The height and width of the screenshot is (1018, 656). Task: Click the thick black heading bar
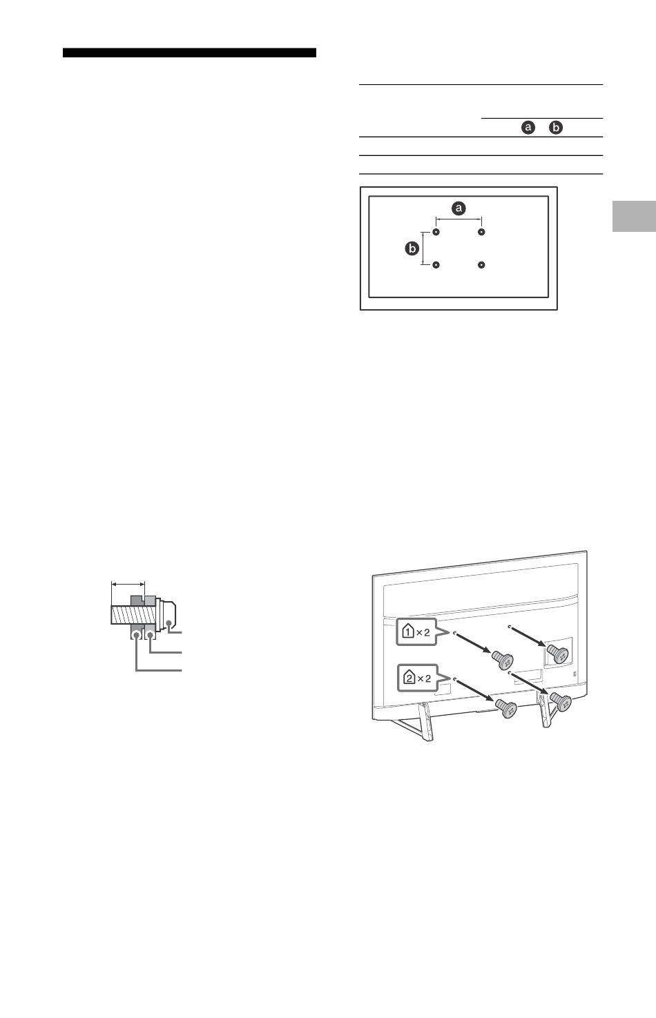[x=189, y=52]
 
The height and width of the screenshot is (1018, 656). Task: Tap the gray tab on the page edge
[x=634, y=216]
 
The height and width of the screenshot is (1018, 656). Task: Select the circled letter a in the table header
[x=528, y=128]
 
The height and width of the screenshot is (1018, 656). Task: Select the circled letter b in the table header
[x=556, y=128]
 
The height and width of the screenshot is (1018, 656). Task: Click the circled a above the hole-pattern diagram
[x=459, y=208]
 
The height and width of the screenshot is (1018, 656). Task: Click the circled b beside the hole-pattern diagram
[x=412, y=248]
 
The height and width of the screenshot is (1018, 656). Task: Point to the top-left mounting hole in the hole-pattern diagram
[x=436, y=232]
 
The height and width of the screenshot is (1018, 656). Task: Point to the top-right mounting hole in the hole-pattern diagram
[x=481, y=232]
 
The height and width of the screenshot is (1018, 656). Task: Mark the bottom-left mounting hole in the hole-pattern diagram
[x=436, y=265]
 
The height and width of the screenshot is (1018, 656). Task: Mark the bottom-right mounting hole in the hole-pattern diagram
[x=481, y=265]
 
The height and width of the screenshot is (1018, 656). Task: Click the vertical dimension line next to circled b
[x=423, y=248]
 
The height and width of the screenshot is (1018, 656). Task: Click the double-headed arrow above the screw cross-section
[x=128, y=585]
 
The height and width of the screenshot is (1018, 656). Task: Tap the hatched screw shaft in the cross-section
[x=133, y=614]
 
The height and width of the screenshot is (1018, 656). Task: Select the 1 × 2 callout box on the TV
[x=416, y=632]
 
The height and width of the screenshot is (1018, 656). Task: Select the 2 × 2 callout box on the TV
[x=418, y=678]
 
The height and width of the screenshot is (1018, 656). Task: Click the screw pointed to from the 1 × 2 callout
[x=502, y=659]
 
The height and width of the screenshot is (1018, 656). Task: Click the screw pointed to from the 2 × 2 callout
[x=506, y=709]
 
